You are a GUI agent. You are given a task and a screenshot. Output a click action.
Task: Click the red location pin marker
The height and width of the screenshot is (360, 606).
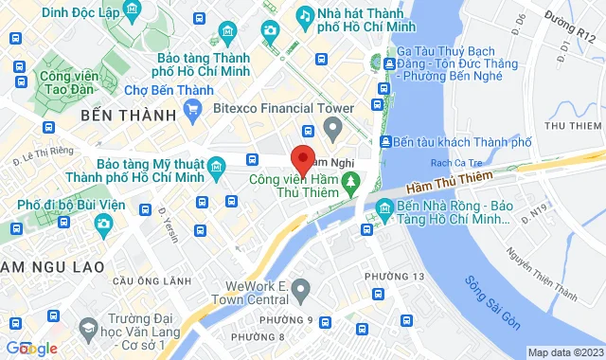coord(302,158)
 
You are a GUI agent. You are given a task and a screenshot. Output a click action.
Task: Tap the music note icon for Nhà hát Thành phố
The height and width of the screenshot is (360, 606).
coord(305,14)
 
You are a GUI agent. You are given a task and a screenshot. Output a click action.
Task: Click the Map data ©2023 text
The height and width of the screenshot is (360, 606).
coord(564,352)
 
